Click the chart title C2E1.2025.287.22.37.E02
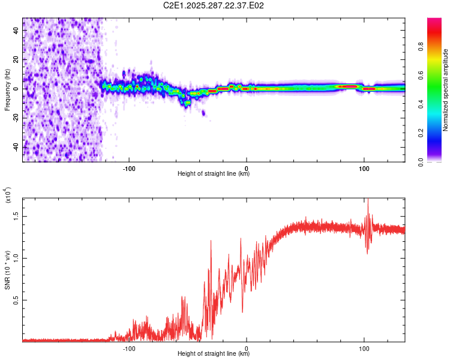[214, 5]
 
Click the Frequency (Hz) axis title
[7, 89]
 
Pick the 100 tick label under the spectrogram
[364, 168]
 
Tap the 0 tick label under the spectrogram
[247, 168]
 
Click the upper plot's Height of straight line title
[214, 174]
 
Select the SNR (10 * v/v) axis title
[8, 268]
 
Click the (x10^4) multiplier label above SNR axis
[8, 195]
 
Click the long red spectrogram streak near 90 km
[349, 86]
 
